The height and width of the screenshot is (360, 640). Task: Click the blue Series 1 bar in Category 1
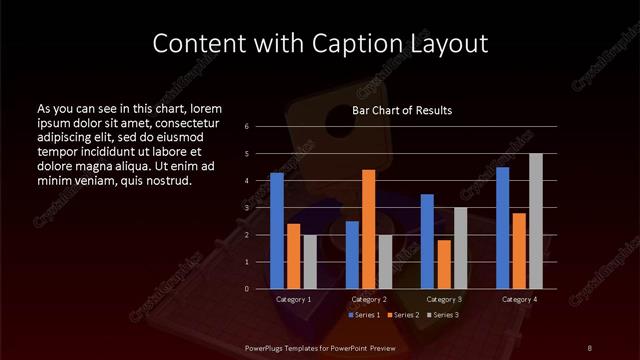click(x=277, y=231)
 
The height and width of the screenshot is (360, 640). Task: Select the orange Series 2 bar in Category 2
click(x=368, y=229)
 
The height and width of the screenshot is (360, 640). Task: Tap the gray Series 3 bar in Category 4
click(x=535, y=221)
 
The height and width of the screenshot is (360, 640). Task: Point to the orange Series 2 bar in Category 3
click(x=443, y=264)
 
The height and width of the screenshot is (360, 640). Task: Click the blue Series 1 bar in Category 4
click(x=502, y=228)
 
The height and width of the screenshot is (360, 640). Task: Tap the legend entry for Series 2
click(x=401, y=315)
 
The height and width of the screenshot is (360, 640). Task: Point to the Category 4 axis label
click(x=518, y=299)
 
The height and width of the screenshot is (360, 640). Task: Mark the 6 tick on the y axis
click(x=247, y=127)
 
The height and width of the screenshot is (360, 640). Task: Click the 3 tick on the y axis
click(x=247, y=208)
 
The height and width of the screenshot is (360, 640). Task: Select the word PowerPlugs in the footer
click(x=265, y=346)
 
